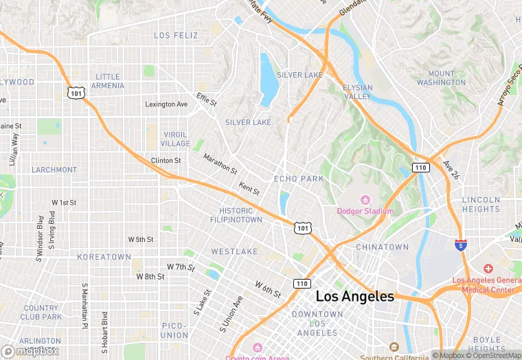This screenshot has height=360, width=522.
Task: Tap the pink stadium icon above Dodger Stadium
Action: [x=365, y=200]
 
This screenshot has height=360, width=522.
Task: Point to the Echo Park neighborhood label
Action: [x=299, y=179]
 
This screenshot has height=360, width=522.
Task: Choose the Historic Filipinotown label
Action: [x=236, y=215]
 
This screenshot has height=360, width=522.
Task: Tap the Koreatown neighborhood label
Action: [x=104, y=257]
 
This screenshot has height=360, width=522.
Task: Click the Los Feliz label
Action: [x=176, y=35]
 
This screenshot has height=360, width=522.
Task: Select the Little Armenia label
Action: [x=109, y=81]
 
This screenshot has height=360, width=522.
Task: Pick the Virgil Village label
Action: [x=175, y=139]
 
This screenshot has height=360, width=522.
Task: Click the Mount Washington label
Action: [x=441, y=78]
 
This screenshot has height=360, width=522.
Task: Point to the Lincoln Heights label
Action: [x=481, y=204]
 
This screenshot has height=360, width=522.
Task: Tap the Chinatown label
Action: [x=382, y=247]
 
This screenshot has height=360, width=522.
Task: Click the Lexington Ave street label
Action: [x=166, y=104]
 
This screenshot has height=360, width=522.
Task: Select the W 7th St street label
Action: [x=181, y=266]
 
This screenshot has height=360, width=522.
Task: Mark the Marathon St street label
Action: [x=220, y=164]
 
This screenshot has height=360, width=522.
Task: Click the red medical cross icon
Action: [x=488, y=268]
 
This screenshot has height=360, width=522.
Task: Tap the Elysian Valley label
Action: [x=357, y=92]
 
